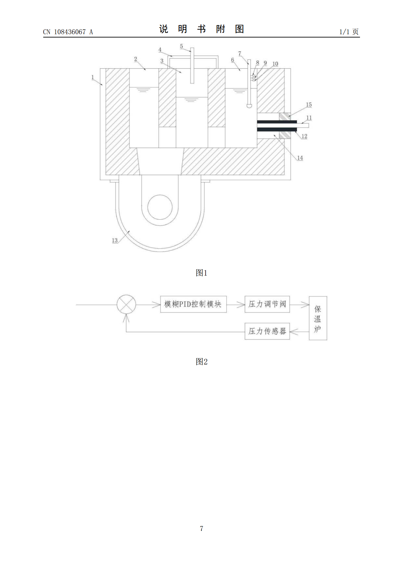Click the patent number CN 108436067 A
[68, 32]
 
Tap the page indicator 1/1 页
[349, 32]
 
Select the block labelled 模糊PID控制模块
[193, 304]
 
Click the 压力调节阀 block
[267, 304]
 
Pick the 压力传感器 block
[267, 331]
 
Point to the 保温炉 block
[318, 318]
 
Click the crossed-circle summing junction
[126, 304]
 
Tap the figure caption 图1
[201, 273]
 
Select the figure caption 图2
[201, 361]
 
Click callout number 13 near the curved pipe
[115, 240]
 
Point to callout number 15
[309, 104]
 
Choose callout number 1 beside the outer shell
[93, 77]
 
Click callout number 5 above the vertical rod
[181, 46]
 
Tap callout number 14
[300, 158]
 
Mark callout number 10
[275, 64]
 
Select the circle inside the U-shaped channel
[160, 207]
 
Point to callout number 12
[304, 136]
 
